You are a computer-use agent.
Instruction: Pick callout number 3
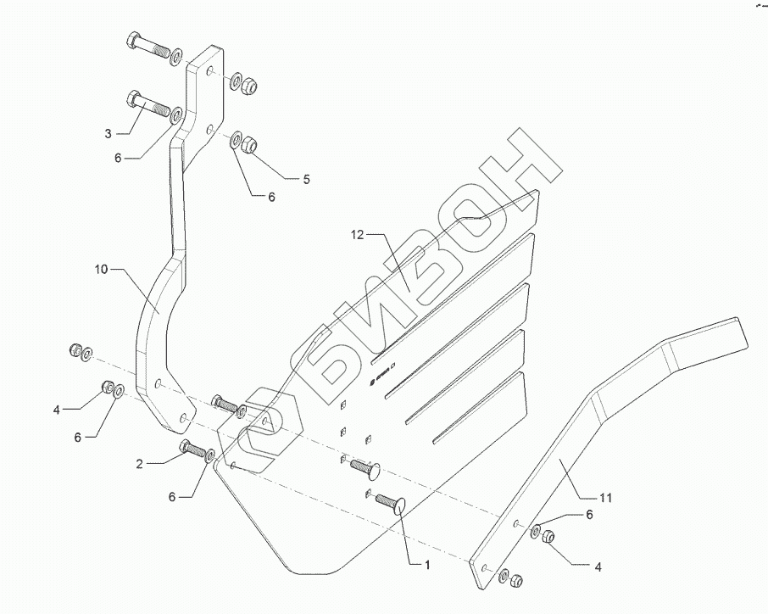tap(109, 134)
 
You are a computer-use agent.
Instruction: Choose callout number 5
tap(307, 179)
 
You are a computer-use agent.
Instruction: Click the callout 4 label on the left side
tap(56, 410)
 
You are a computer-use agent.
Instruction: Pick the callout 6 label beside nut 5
tap(272, 197)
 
